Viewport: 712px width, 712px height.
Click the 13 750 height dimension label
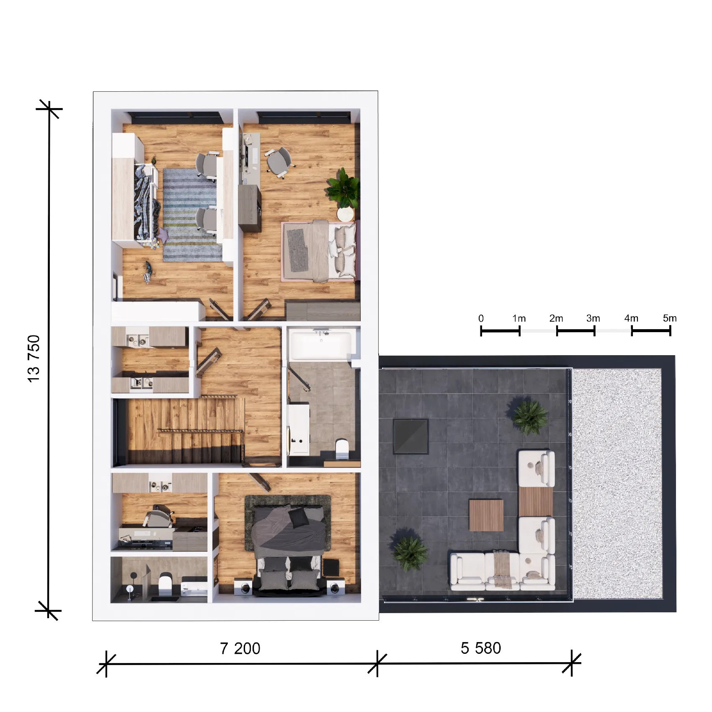click(x=34, y=359)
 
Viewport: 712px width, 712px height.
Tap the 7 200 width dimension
click(x=240, y=648)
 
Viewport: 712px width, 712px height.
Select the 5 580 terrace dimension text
click(x=481, y=648)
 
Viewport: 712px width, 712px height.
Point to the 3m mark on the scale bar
click(x=593, y=318)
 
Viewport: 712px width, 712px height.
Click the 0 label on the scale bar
click(x=481, y=318)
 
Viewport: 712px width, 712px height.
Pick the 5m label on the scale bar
click(x=670, y=318)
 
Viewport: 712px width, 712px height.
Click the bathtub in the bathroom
click(x=321, y=345)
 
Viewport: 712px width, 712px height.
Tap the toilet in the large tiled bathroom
click(x=342, y=448)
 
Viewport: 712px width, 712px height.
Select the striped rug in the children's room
click(x=192, y=215)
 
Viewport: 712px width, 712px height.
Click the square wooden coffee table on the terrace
click(x=486, y=515)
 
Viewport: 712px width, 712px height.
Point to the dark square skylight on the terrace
click(x=410, y=436)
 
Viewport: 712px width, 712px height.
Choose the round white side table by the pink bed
click(x=346, y=214)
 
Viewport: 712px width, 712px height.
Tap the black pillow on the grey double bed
click(x=299, y=518)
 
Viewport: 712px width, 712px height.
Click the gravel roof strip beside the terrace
click(x=617, y=484)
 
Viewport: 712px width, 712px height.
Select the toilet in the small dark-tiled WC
click(x=165, y=583)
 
